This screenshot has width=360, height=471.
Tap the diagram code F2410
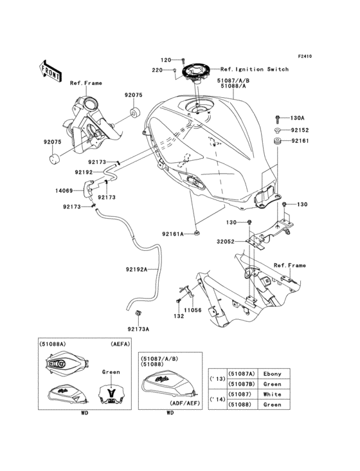pos(305,56)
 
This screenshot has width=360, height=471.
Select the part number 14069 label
pos(64,190)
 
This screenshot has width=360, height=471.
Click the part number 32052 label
pos(226,241)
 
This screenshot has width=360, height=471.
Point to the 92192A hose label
pos(136,270)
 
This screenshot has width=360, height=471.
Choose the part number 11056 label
pos(193,310)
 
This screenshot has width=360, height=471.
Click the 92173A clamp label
pos(138,329)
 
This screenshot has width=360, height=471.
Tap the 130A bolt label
pos(297,118)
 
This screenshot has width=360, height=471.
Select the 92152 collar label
pos(300,131)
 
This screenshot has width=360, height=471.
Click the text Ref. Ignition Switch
pos(255,69)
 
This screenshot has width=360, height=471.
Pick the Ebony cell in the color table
pos(273,374)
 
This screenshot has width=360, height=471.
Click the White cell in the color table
pos(273,394)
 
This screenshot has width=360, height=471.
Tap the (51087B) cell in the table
pos(242,384)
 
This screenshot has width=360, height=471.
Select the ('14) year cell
pos(217,400)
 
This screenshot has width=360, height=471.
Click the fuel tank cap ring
pos(195,72)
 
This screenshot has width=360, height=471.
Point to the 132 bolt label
pos(179,317)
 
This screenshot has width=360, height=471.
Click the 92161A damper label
pos(173,234)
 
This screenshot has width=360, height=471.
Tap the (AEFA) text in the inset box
pos(120,344)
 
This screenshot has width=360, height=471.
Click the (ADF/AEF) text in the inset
pos(184,403)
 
